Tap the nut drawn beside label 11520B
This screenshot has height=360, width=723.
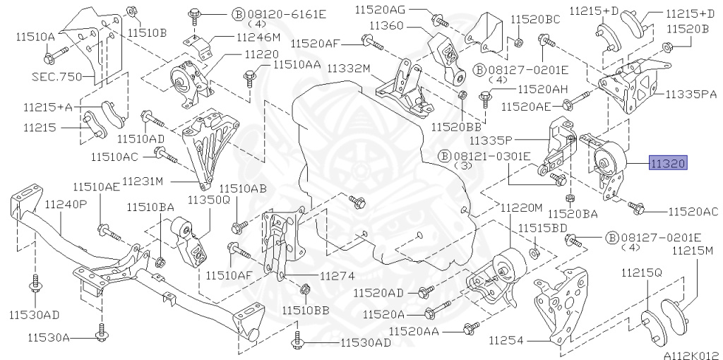(667, 48)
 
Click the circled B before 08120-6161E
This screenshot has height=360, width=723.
(219, 13)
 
